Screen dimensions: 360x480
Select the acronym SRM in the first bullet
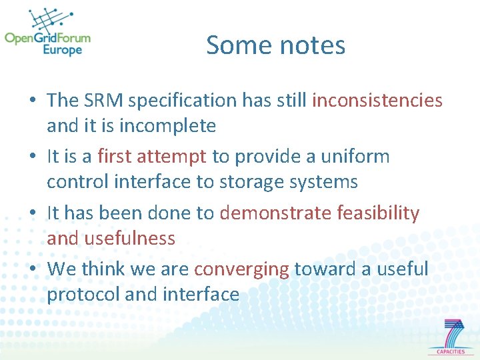[104, 101]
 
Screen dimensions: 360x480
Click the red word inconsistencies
[377, 101]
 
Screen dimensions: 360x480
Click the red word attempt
[176, 157]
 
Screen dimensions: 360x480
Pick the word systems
[329, 181]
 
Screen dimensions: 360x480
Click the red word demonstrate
[275, 213]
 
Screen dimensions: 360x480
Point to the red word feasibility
[379, 213]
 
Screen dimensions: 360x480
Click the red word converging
[242, 269]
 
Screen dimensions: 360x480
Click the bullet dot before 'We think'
[33, 270]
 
